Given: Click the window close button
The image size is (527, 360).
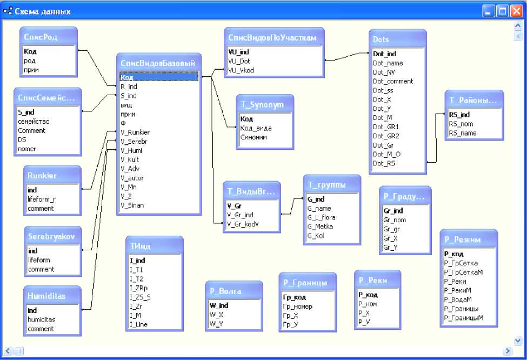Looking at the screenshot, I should [x=517, y=11].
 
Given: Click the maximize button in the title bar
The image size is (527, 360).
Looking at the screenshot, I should [x=503, y=11].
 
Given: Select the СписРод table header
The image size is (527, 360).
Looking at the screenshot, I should [x=41, y=37].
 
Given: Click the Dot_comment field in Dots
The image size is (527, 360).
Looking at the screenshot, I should [x=393, y=81].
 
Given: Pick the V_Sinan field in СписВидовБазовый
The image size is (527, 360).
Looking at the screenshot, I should [x=132, y=205].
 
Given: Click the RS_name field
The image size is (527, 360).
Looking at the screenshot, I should [x=462, y=133].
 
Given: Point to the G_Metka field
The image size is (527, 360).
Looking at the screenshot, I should [x=320, y=226].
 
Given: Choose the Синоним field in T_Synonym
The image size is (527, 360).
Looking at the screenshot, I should [x=254, y=137].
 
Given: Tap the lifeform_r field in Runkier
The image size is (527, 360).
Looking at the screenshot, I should [x=42, y=199].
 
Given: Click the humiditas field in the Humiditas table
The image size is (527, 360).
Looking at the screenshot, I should [x=42, y=319].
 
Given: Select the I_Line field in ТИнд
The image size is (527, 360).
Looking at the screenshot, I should [x=139, y=324].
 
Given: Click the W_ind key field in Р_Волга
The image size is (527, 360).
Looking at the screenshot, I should [x=218, y=305].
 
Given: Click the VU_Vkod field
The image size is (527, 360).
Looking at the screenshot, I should [x=241, y=70].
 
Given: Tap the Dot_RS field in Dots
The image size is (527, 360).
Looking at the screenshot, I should [x=384, y=163].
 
